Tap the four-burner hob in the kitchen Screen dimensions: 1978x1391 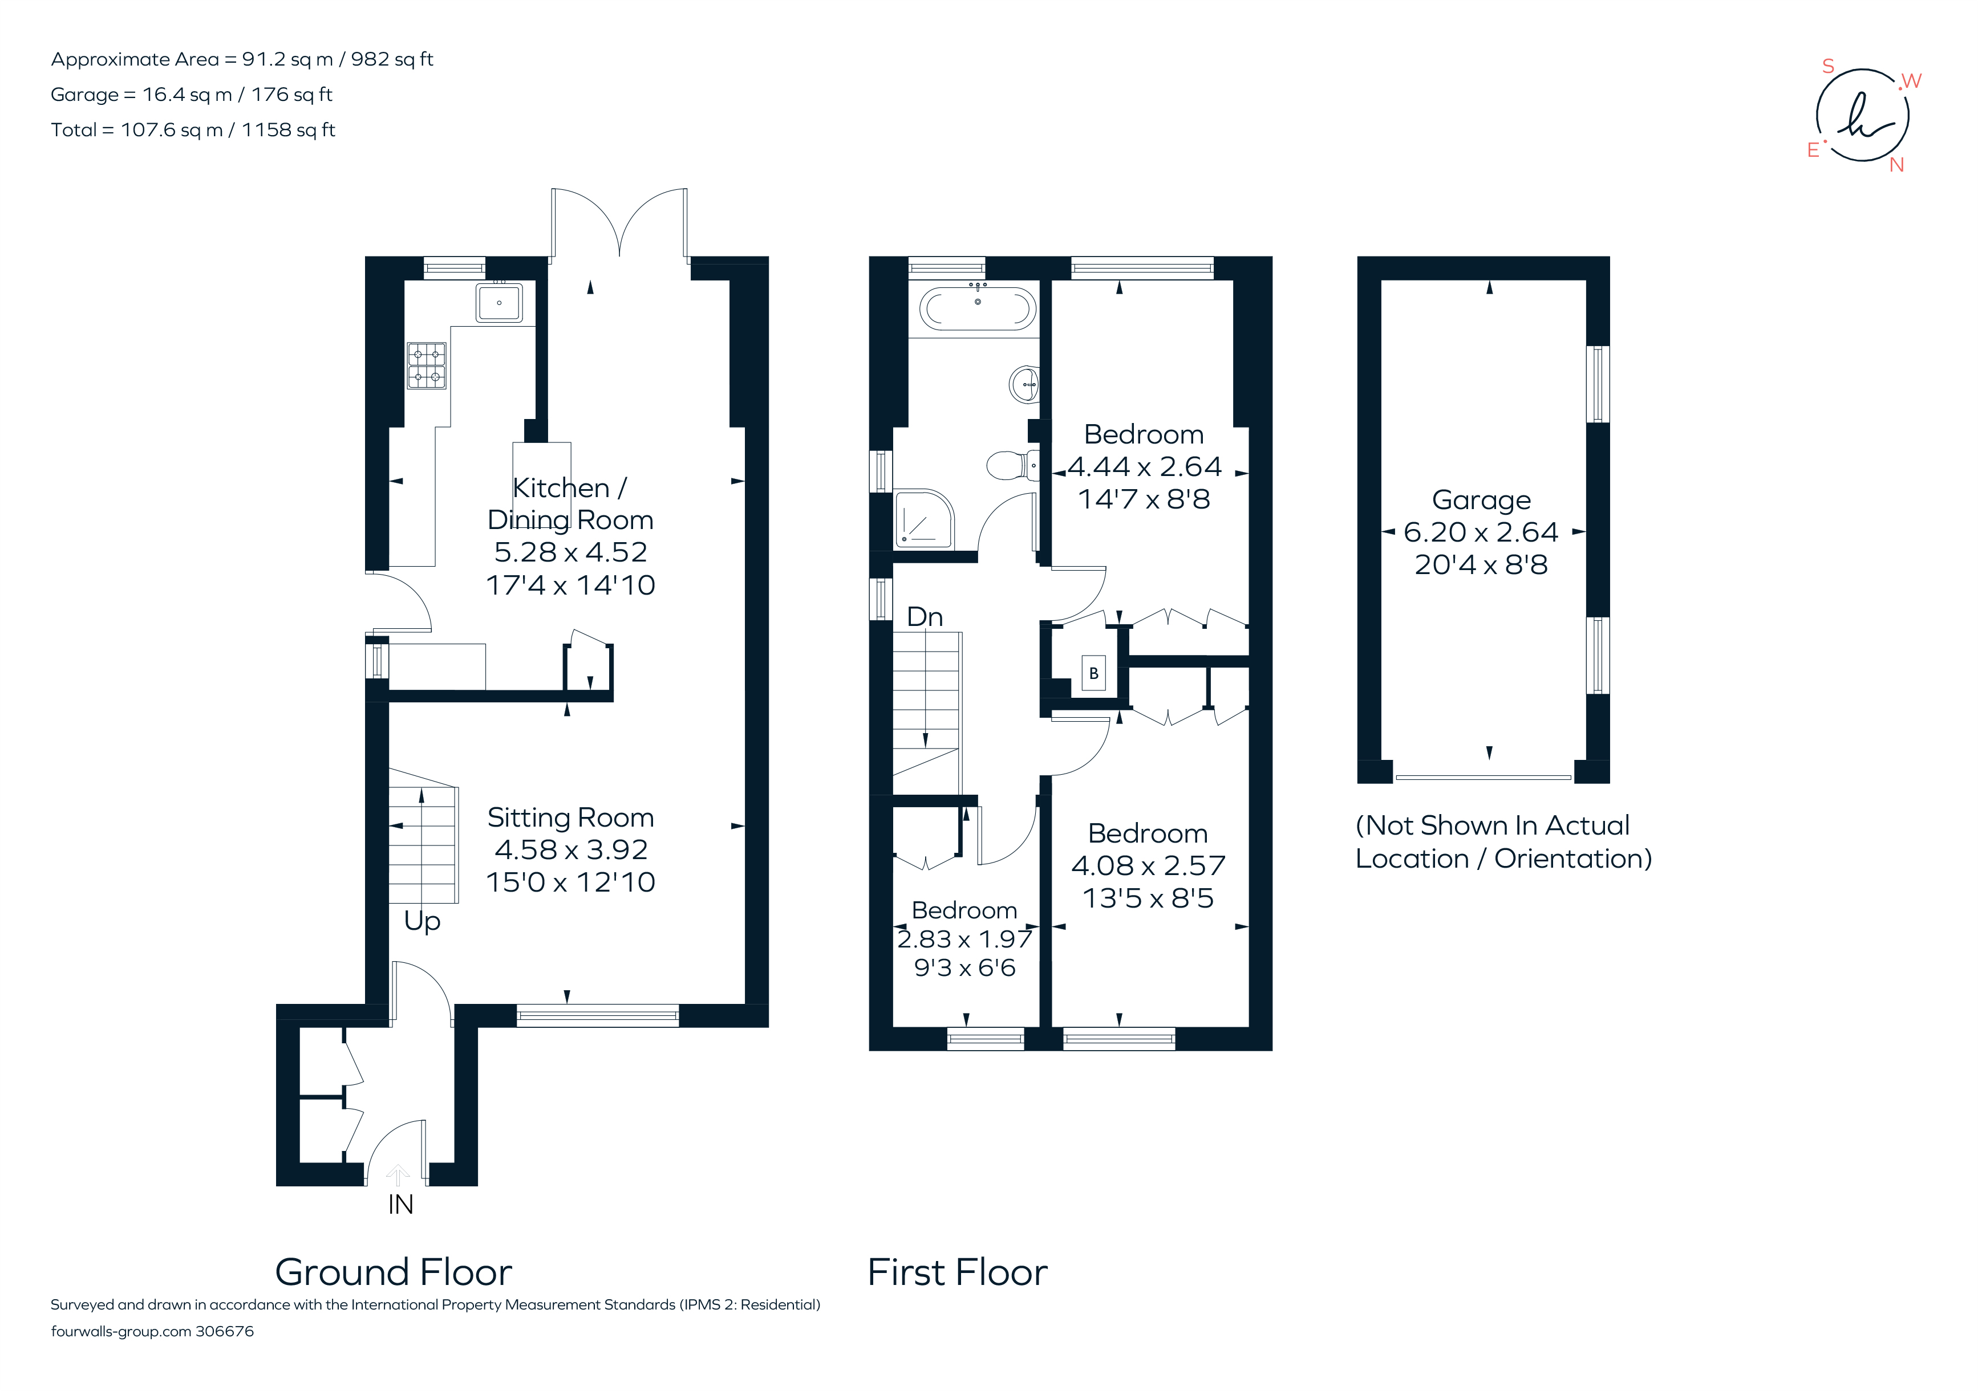point(427,365)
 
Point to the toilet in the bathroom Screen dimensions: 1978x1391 point(1010,465)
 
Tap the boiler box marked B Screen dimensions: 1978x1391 point(1093,673)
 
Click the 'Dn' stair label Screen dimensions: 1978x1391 point(925,617)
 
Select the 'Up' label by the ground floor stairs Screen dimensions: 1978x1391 point(422,921)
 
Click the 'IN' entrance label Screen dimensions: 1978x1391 point(400,1204)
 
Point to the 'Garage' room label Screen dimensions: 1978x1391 point(1481,499)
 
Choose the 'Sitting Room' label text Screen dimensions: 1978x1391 point(570,816)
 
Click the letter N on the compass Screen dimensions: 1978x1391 point(1896,165)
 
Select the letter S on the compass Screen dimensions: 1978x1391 point(1827,66)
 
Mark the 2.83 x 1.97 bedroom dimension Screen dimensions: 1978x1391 point(964,939)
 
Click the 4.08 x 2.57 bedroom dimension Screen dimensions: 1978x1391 point(1148,865)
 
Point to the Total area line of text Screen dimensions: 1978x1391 point(193,130)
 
